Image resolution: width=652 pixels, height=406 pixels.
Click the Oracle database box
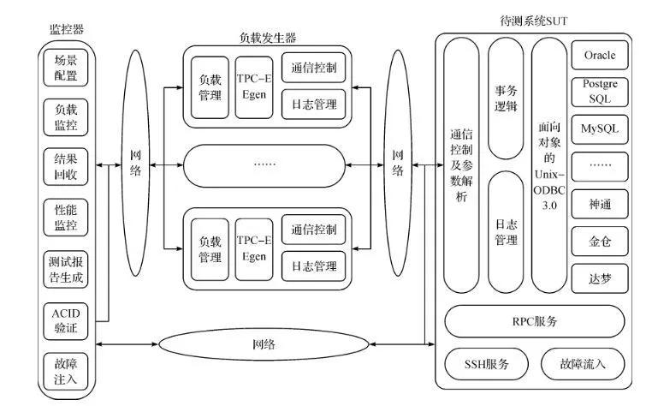(600, 56)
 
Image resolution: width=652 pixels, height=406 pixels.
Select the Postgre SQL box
(600, 92)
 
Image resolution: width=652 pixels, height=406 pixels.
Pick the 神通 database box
(600, 204)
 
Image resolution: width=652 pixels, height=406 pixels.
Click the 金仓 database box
(600, 241)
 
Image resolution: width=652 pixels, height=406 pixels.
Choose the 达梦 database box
(600, 278)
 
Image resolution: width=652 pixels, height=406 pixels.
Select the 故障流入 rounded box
(582, 364)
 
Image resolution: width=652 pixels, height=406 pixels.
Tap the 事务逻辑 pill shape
(505, 99)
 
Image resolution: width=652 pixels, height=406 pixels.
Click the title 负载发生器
(268, 37)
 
